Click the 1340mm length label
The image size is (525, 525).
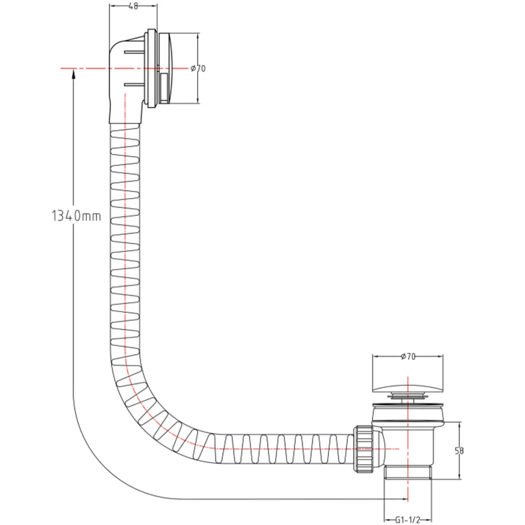(76, 216)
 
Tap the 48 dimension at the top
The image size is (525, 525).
(133, 6)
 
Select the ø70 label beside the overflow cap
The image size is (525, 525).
(198, 69)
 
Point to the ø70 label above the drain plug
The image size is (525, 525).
(408, 357)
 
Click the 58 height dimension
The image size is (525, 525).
(460, 451)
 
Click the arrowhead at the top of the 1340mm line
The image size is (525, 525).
(73, 76)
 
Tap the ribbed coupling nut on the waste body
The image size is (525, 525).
(364, 449)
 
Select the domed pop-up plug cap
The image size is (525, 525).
(408, 385)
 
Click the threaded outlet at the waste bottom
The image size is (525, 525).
(408, 472)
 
